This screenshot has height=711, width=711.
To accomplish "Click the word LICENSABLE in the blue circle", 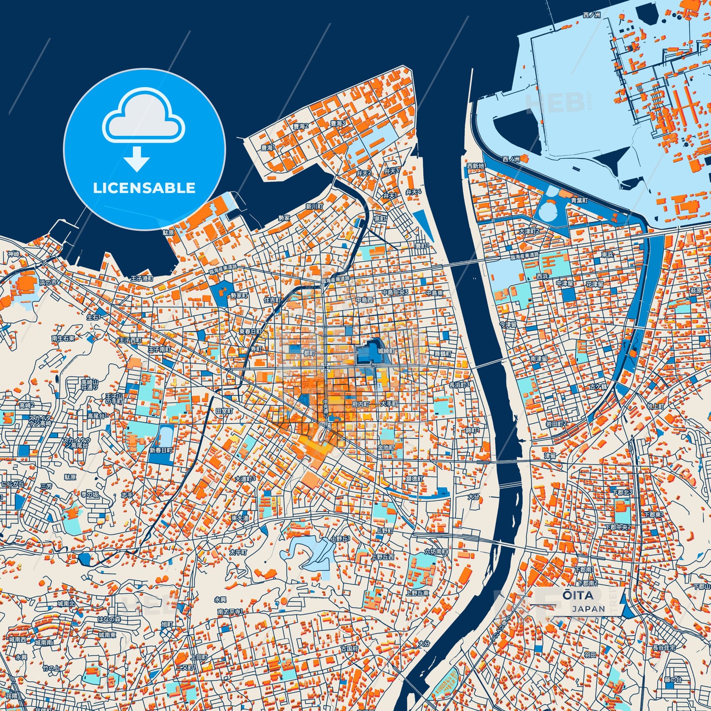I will click(144, 188).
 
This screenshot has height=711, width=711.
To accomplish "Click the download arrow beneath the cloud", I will click(137, 158).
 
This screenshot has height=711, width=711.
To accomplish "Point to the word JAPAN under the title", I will click(588, 609).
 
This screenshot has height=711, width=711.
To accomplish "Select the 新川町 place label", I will click(314, 206).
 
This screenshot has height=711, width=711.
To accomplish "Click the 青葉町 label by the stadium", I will click(579, 201).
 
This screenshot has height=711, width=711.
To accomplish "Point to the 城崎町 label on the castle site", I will click(386, 351).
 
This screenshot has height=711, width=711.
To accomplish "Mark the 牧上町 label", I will click(655, 406).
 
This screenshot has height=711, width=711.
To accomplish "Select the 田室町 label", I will click(224, 410).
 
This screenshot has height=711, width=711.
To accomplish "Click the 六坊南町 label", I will click(436, 553).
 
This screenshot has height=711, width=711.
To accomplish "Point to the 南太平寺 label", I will click(230, 612).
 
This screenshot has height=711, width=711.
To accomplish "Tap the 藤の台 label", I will click(673, 680).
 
